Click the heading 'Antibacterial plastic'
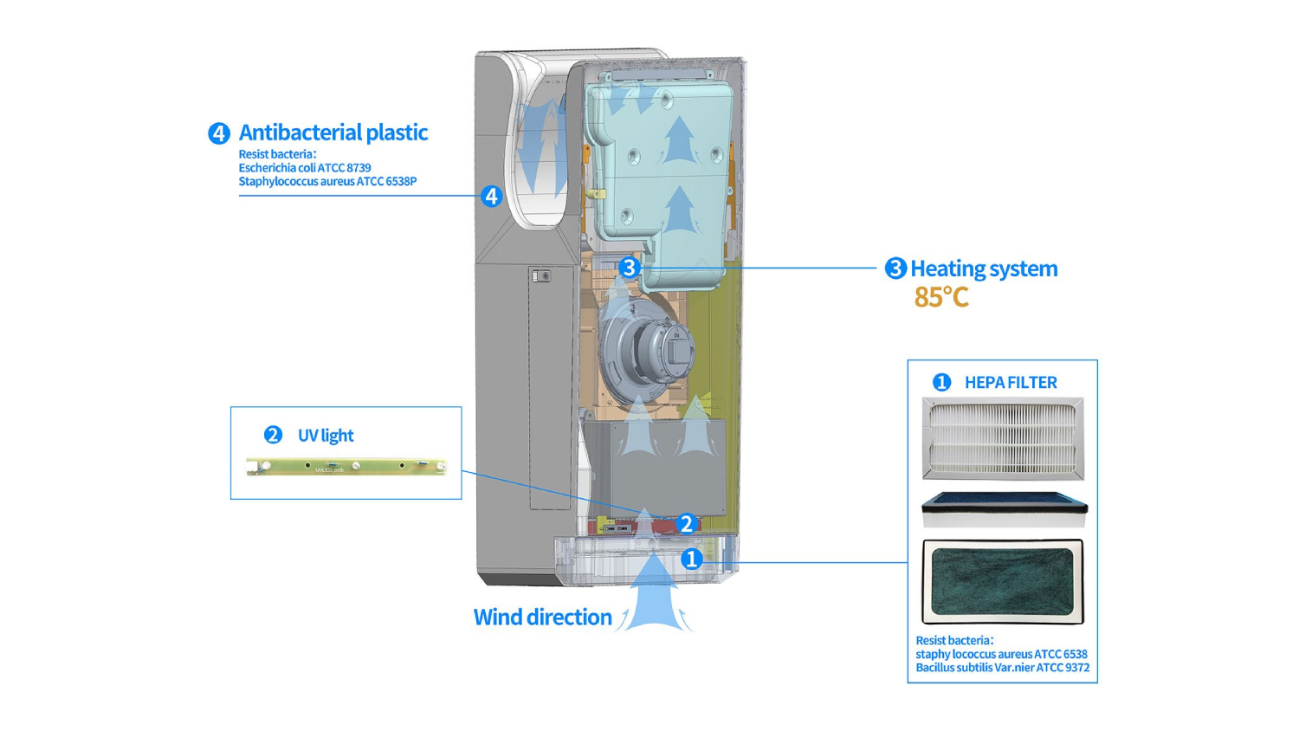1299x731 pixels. (333, 133)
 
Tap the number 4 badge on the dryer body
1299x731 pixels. (491, 197)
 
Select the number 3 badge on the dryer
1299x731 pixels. (629, 268)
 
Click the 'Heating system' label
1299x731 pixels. (983, 268)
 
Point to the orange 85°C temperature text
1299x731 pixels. (941, 297)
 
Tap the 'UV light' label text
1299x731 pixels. (325, 435)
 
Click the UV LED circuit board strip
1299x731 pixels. (346, 467)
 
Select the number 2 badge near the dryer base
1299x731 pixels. (686, 523)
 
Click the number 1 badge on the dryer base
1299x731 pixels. (690, 559)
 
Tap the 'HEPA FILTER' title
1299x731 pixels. (1010, 382)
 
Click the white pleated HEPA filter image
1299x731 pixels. (1003, 437)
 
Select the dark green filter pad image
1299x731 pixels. (1003, 581)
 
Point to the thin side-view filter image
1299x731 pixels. (1004, 509)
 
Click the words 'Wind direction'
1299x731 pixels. (542, 617)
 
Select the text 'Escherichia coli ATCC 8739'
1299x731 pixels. (305, 168)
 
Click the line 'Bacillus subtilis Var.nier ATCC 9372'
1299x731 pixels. (1002, 668)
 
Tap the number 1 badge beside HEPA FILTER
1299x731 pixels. (941, 382)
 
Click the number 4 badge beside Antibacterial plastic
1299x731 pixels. (218, 133)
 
